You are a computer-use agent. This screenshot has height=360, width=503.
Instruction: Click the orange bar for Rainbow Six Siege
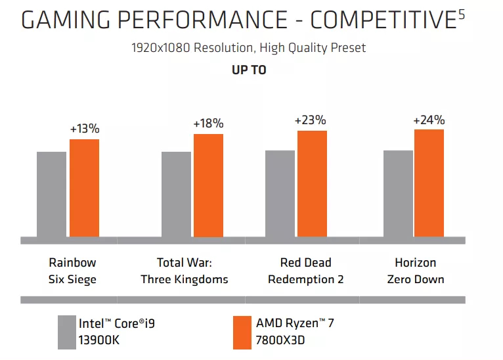[x=84, y=188]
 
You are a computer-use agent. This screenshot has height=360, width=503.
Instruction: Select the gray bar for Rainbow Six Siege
[x=51, y=194]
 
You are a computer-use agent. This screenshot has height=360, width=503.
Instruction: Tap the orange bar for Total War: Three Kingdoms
[x=208, y=185]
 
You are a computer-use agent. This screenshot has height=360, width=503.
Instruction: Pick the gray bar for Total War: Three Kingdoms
[x=176, y=194]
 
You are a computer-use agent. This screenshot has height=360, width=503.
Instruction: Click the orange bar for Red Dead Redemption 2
[x=312, y=183]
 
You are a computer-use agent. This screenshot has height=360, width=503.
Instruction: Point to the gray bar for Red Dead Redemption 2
[x=280, y=193]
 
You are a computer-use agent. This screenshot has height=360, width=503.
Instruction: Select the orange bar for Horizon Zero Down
[x=429, y=183]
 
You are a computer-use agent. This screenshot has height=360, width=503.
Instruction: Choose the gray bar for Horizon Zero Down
[x=398, y=193]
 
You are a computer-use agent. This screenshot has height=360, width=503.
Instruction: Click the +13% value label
[x=83, y=129]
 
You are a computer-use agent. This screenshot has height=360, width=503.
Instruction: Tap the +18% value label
[x=208, y=124]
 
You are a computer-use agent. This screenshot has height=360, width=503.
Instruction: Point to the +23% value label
[x=310, y=120]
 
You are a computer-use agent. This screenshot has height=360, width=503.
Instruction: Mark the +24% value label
[x=429, y=120]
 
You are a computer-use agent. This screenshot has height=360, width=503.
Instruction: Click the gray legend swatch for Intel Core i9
[x=66, y=332]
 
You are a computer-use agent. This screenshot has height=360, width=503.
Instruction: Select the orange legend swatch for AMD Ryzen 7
[x=242, y=332]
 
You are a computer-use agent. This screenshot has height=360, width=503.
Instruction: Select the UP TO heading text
[x=249, y=70]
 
